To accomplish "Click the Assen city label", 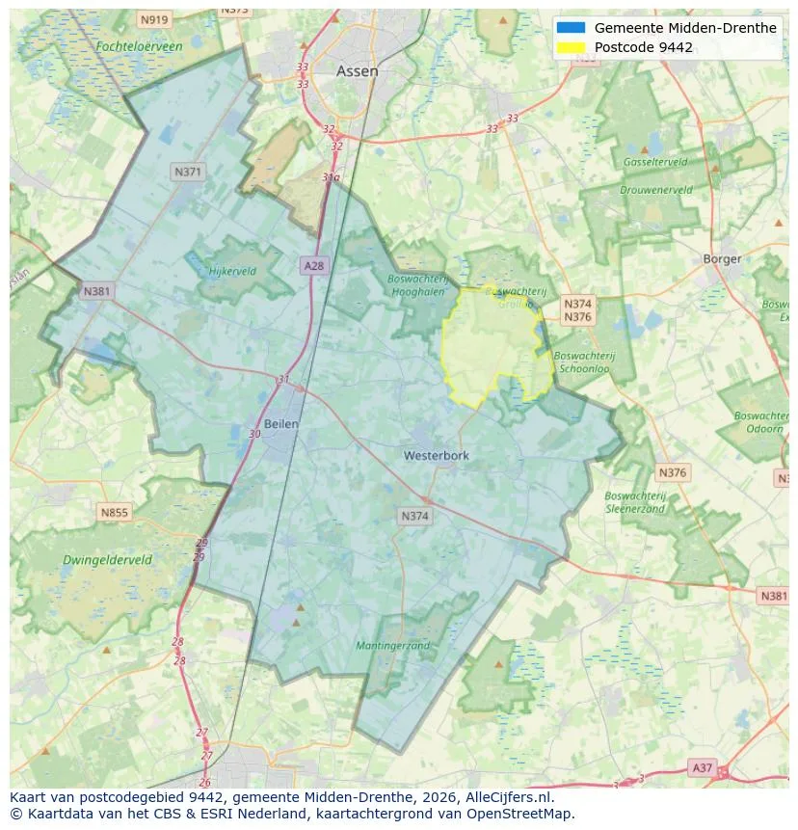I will point(357,71).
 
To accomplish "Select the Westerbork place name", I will point(436,455).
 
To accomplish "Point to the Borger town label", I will point(722,258).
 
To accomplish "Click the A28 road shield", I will point(313,265).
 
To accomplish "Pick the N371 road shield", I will point(187,172).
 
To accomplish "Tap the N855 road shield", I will point(114,513).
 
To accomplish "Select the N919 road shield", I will point(153,19).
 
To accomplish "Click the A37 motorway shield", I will point(703,767).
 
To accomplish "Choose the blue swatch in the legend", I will point(571,28).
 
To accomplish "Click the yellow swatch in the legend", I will point(571,47).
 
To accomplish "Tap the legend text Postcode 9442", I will point(643,47).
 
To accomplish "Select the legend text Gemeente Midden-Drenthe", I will point(684,28).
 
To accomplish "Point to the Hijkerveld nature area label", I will point(232,271).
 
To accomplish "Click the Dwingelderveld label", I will point(107,559).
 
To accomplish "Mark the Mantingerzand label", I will point(392,645).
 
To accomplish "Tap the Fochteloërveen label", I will point(139,45).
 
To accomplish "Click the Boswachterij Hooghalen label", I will point(417,285).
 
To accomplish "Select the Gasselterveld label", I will point(654,162).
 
